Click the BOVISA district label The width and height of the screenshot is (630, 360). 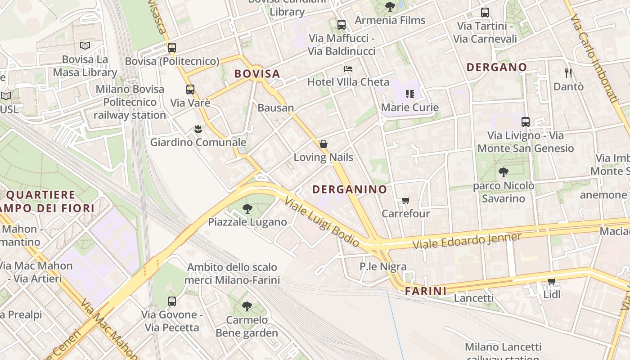point(257,73)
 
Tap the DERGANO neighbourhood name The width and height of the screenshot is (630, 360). point(496,67)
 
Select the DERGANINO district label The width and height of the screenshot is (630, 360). point(350,189)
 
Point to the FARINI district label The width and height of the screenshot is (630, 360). point(426,291)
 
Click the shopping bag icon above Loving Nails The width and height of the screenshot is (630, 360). point(323,144)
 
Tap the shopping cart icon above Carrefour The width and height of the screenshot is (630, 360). point(406,200)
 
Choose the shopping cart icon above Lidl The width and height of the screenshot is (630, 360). point(551,282)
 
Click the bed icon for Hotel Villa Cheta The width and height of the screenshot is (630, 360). point(348,69)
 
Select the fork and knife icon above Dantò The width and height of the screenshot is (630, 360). point(568,72)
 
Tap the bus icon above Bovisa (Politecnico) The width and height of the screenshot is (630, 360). point(172,48)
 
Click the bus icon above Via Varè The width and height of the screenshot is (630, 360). point(190,90)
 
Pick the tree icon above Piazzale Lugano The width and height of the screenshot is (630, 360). point(247,209)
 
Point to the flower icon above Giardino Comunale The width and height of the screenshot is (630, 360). point(198,130)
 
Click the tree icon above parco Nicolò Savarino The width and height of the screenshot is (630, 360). point(504,172)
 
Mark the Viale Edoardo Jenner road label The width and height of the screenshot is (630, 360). point(467,241)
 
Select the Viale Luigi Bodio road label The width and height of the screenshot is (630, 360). point(322,222)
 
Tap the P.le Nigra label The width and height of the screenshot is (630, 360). point(383,266)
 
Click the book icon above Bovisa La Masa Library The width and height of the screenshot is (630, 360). point(85,45)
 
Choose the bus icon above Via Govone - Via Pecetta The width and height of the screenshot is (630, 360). point(172,301)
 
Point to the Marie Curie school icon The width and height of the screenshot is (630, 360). point(409,94)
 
